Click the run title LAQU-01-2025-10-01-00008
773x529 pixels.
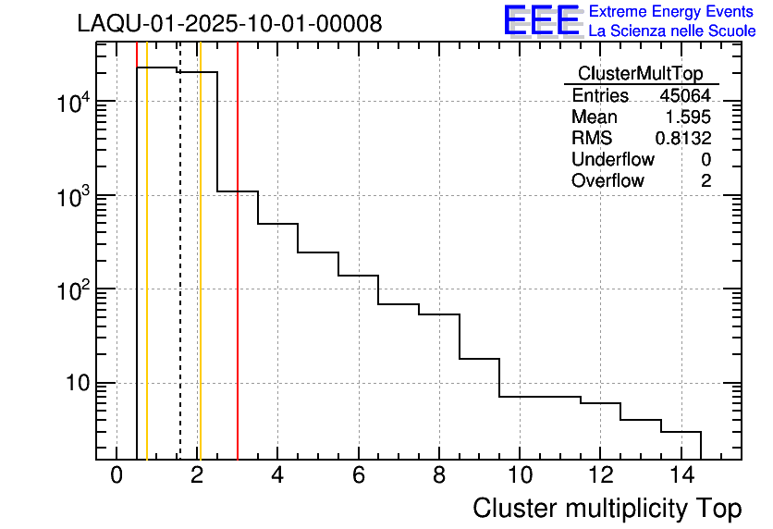[229, 23]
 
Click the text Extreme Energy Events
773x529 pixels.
[671, 12]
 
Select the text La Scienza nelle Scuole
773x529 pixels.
[671, 31]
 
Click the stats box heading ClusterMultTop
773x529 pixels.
[640, 74]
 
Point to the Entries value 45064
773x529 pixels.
[685, 95]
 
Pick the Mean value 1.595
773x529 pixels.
[689, 117]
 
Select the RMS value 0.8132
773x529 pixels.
[683, 138]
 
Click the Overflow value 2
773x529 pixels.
[706, 180]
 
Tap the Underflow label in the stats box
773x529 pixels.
[612, 159]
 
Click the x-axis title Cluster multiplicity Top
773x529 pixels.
[607, 508]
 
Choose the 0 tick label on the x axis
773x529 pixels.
[117, 475]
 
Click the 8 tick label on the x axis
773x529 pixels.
[438, 475]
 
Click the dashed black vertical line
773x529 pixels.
[179, 277]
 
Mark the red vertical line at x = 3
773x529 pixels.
[238, 277]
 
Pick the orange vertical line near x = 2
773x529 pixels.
[200, 277]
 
